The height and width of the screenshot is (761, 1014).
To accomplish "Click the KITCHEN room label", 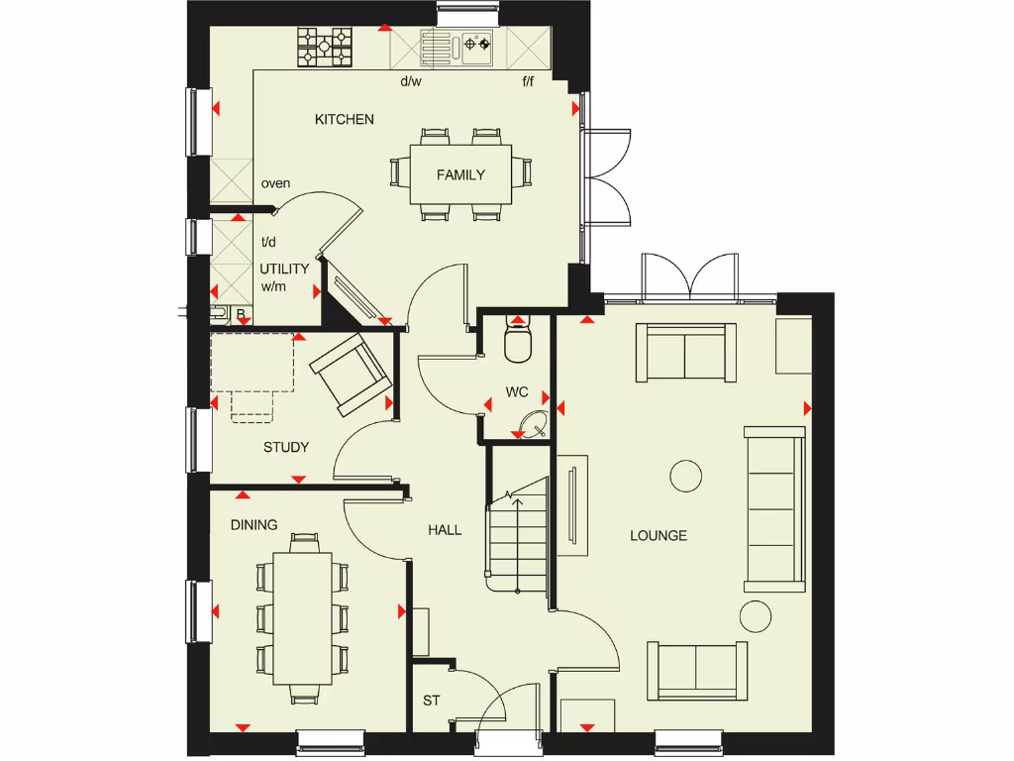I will [345, 120].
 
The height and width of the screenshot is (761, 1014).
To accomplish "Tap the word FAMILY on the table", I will [461, 175].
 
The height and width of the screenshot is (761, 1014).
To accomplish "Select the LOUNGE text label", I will [659, 536].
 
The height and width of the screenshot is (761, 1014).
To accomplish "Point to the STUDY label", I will [286, 448].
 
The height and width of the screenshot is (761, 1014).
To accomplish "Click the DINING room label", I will [254, 525].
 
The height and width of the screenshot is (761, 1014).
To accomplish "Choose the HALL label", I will [445, 531].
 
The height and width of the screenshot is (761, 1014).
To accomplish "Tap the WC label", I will [517, 392].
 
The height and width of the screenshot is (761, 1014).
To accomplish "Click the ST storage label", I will [432, 701].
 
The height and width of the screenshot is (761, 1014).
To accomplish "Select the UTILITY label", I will [284, 269].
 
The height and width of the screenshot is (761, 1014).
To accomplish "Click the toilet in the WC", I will [518, 341].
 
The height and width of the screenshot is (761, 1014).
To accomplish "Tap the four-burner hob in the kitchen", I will [326, 46].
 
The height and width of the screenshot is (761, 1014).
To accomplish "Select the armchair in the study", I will [350, 373].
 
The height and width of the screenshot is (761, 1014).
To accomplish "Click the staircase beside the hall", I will [516, 535].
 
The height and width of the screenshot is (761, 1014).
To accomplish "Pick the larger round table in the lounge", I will [686, 477].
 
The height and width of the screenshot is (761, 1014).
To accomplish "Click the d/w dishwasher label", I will [411, 82].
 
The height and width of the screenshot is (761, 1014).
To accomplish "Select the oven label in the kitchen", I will [275, 184].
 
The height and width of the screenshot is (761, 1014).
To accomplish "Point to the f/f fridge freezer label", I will [530, 82].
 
